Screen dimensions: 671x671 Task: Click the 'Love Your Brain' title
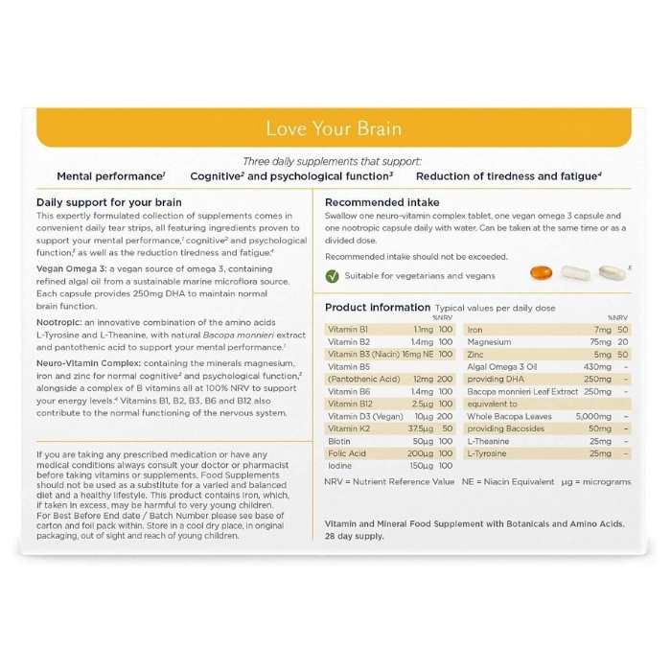(334, 128)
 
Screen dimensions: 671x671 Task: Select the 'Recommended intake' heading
(382, 202)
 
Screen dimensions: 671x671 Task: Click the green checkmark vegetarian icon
(332, 276)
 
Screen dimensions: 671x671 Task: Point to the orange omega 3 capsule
(541, 274)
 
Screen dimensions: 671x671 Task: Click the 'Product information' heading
(378, 307)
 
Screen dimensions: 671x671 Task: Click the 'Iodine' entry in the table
(339, 465)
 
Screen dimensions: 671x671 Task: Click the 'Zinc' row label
(476, 354)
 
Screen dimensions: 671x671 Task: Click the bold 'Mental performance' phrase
(109, 176)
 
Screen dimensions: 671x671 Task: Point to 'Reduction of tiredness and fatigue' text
(506, 176)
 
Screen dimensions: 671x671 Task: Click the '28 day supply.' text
(355, 536)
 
